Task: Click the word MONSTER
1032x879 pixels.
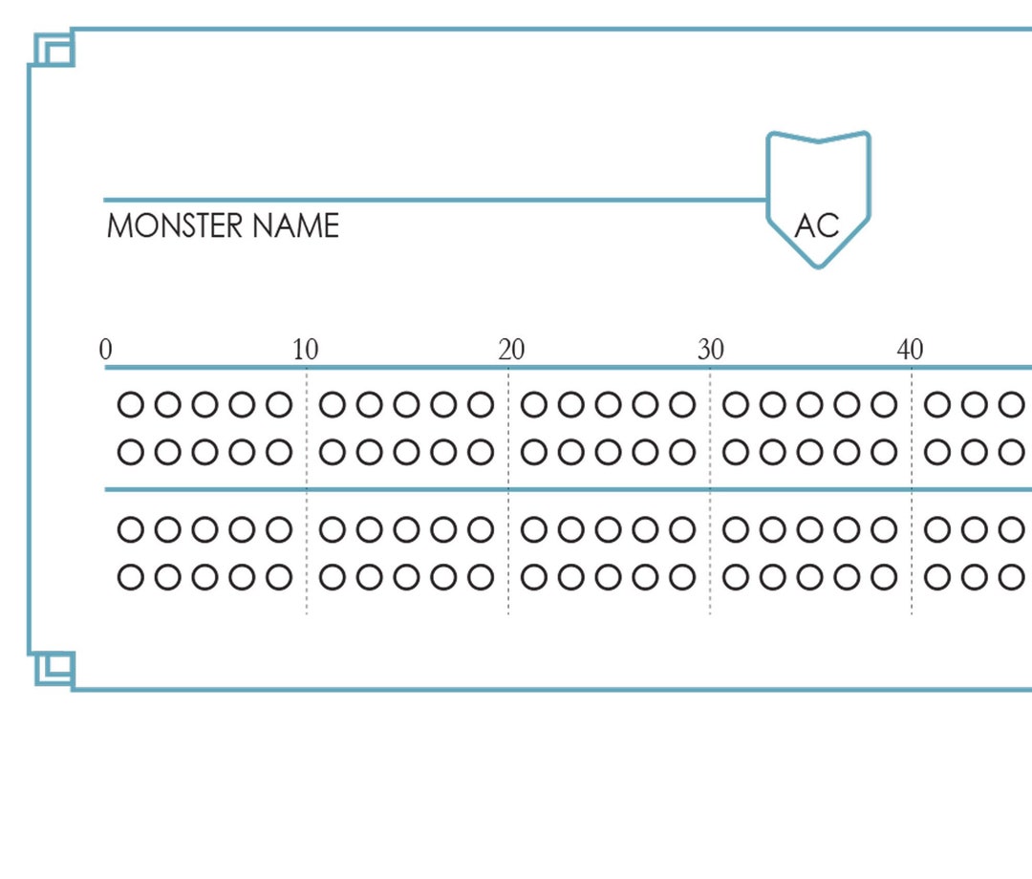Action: point(175,226)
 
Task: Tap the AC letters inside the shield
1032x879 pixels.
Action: point(817,225)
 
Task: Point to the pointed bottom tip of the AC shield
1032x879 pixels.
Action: point(818,266)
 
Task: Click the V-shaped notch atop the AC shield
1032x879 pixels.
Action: point(818,141)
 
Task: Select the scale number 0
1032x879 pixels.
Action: point(105,351)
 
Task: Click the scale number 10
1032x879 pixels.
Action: point(306,351)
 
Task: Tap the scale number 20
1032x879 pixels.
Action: point(511,351)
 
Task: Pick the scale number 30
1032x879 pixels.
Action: point(710,351)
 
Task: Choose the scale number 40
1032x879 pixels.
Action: point(910,351)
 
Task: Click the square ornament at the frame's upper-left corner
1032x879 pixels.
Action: point(54,50)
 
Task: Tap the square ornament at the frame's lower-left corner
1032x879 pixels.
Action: point(54,668)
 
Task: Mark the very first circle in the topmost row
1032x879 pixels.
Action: point(130,405)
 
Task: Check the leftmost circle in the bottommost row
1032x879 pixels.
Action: point(130,577)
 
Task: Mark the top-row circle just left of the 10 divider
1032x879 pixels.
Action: point(279,405)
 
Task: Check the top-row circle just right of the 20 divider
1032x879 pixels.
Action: point(534,405)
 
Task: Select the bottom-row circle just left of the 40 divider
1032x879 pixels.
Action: point(884,577)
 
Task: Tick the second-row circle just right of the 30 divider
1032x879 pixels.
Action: point(736,451)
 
